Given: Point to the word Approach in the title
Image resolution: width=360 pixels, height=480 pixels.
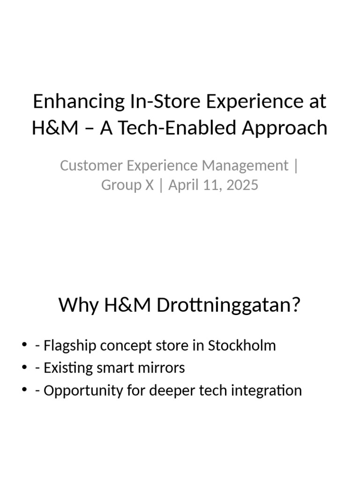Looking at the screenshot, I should pyautogui.click(x=285, y=127).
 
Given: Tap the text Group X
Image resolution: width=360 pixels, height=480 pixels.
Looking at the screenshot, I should pyautogui.click(x=127, y=185).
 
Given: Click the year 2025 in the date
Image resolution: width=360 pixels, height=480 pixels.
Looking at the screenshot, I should pyautogui.click(x=242, y=185).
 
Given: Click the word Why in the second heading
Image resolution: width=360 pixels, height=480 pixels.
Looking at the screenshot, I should pyautogui.click(x=78, y=306).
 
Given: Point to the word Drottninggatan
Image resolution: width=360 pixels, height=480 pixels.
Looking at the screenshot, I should pyautogui.click(x=228, y=306).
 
